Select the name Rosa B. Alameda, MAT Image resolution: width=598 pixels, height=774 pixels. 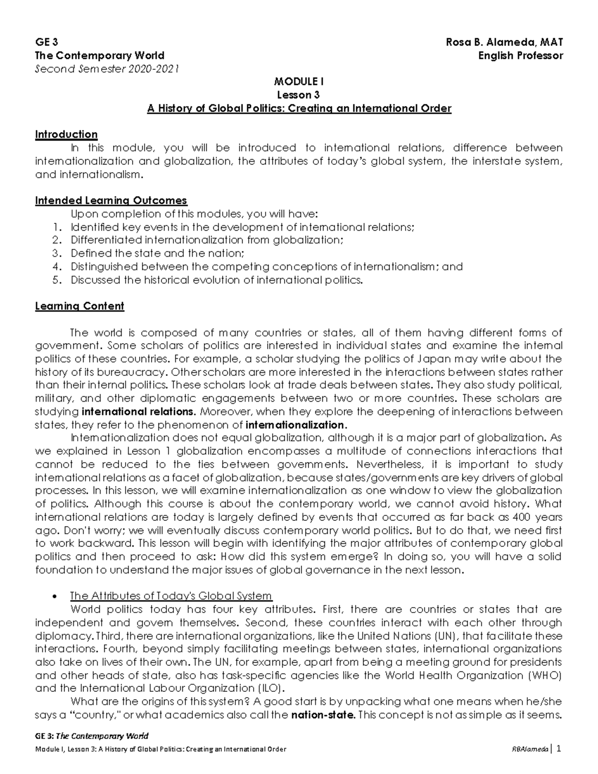tap(504, 42)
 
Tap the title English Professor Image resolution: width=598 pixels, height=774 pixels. tap(520, 55)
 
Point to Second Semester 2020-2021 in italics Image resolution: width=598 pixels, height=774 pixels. tap(107, 69)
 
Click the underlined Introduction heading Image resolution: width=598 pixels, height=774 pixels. tap(66, 135)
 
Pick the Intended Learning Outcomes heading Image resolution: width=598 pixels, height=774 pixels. tap(111, 200)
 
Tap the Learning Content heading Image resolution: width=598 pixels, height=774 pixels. tap(79, 306)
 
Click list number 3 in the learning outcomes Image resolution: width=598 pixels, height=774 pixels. tap(56, 253)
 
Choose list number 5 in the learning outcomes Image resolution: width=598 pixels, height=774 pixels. tap(56, 280)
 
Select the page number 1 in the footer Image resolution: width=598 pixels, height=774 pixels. tap(559, 749)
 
